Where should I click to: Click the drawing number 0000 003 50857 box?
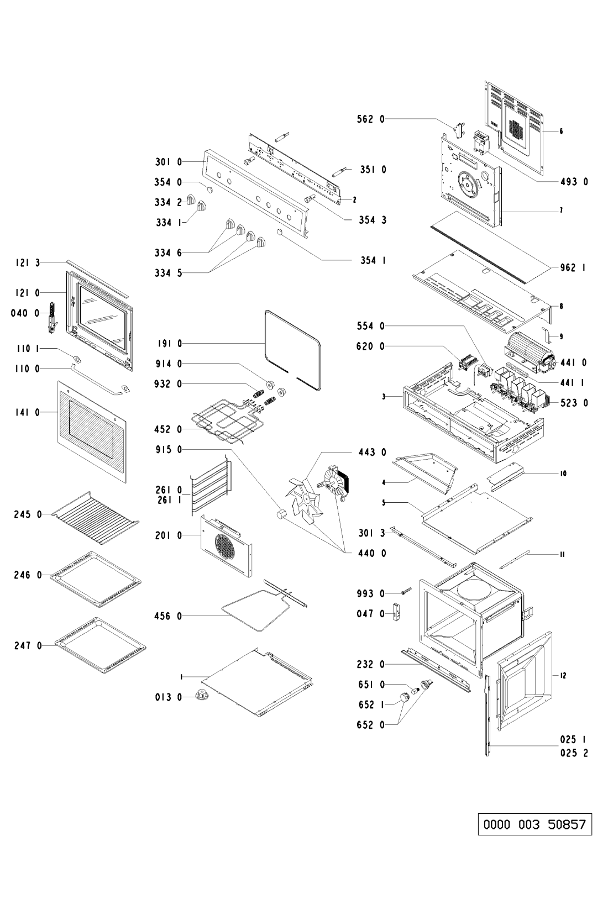pyautogui.click(x=534, y=825)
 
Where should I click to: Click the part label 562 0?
pyautogui.click(x=374, y=118)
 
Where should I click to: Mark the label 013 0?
pyautogui.click(x=169, y=697)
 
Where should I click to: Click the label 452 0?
pyautogui.click(x=169, y=429)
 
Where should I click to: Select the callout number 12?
pyautogui.click(x=563, y=675)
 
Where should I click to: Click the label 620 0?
pyautogui.click(x=374, y=346)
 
